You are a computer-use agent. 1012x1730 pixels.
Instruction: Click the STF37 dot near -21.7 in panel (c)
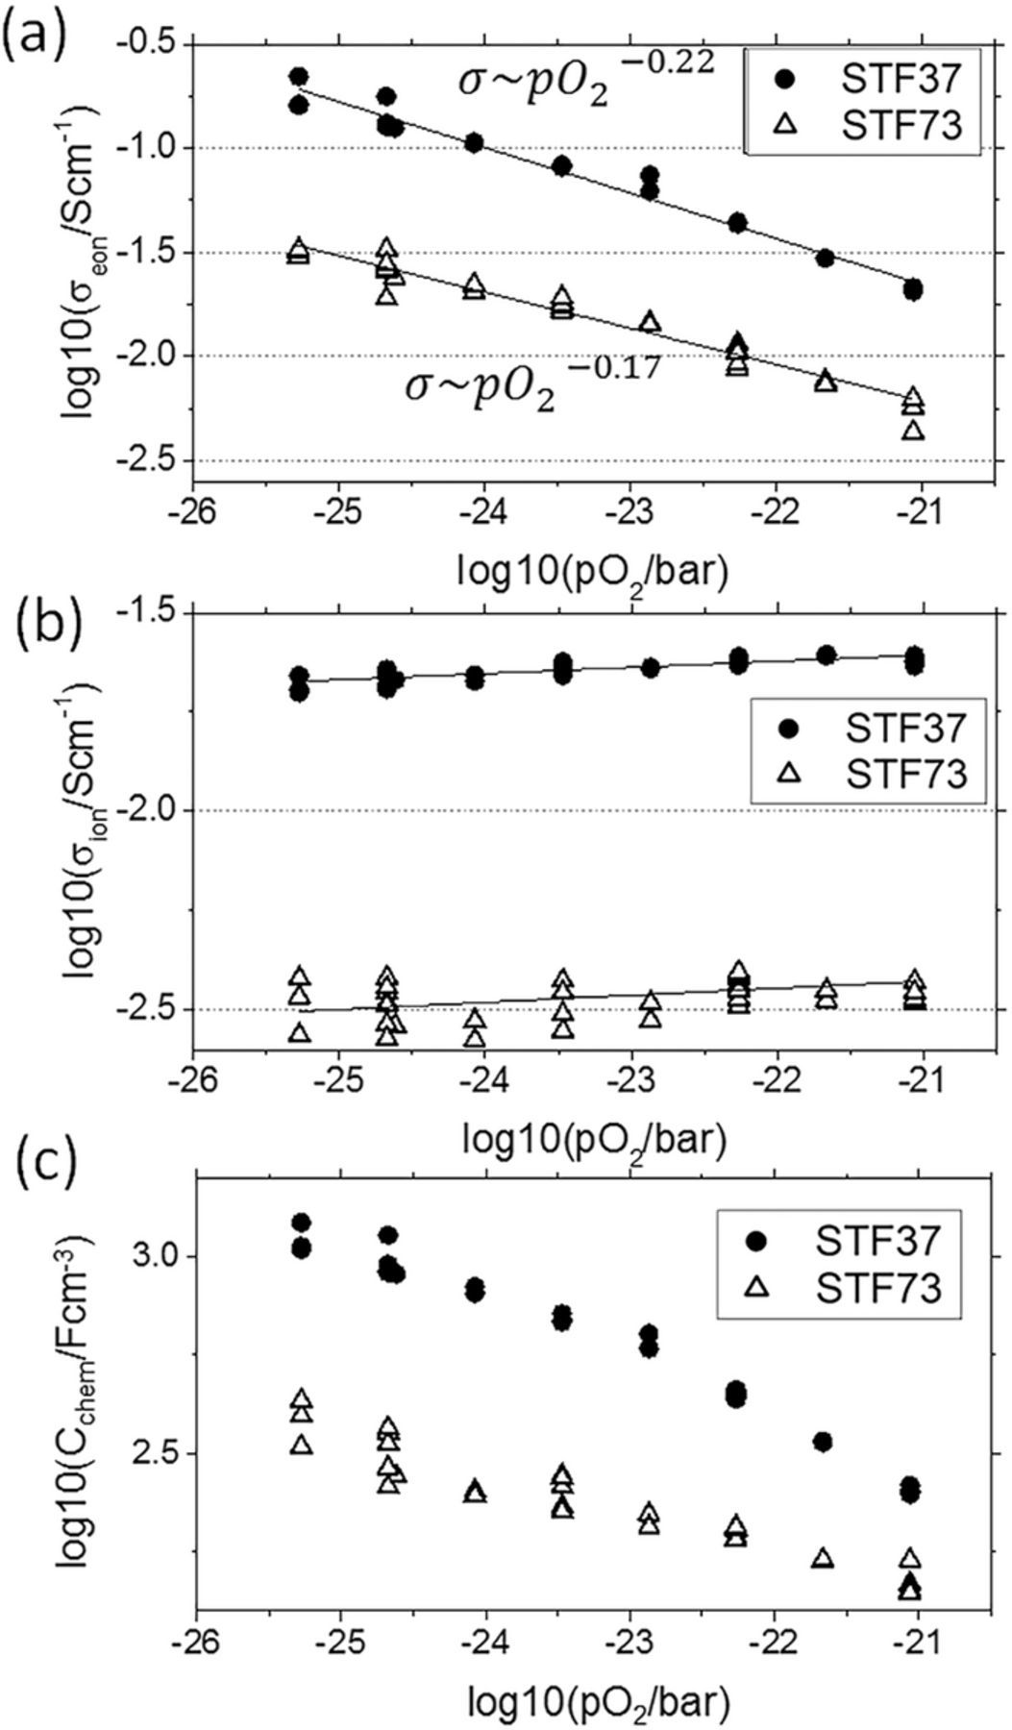pyautogui.click(x=823, y=1442)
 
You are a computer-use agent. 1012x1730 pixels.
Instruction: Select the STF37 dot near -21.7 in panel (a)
pyautogui.click(x=825, y=258)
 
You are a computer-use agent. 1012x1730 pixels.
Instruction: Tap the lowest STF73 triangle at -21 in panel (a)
pyautogui.click(x=913, y=430)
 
